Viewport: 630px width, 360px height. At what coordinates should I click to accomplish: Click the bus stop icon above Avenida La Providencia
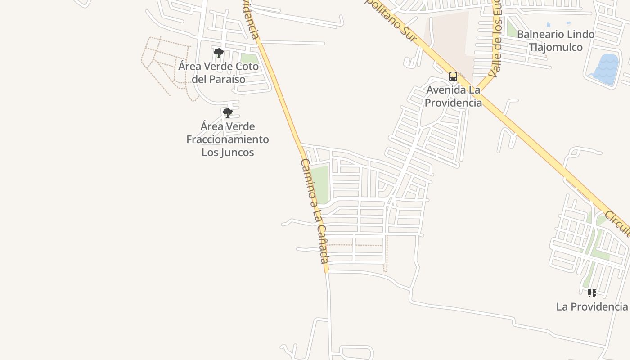pyautogui.click(x=453, y=76)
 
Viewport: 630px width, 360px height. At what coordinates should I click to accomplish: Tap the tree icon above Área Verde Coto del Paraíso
pyautogui.click(x=218, y=53)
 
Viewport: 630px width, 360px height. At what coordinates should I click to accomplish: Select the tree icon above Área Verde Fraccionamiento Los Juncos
pyautogui.click(x=228, y=112)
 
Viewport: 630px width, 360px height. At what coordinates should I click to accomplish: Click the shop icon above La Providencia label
pyautogui.click(x=592, y=293)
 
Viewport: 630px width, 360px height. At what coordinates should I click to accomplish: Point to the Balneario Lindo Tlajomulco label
pyautogui.click(x=555, y=40)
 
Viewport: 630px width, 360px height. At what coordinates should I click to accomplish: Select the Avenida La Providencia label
pyautogui.click(x=453, y=96)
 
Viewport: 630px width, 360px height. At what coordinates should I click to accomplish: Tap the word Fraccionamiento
pyautogui.click(x=228, y=139)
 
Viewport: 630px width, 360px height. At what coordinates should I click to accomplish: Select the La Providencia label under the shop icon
pyautogui.click(x=592, y=306)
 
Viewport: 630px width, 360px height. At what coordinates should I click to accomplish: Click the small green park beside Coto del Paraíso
pyautogui.click(x=249, y=58)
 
